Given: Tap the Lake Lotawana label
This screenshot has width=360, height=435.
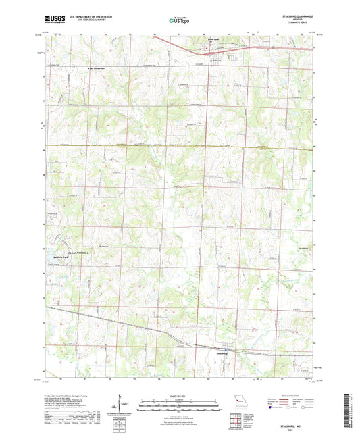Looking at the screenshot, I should pyautogui.click(x=80, y=68).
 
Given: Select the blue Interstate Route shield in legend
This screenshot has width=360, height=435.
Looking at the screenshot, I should pyautogui.click(x=272, y=408).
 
